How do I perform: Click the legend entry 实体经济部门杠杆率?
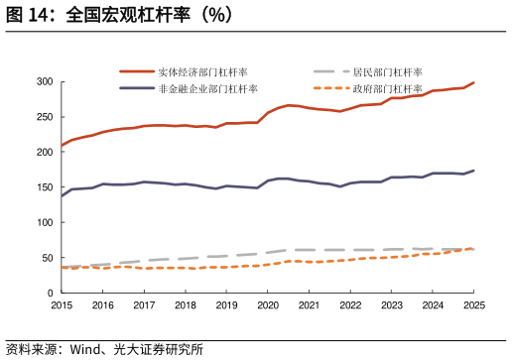[202, 72]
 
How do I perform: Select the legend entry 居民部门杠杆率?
[388, 72]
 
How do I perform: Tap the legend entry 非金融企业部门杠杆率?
[207, 89]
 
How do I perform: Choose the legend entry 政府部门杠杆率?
[388, 89]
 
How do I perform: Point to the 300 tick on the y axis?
[43, 81]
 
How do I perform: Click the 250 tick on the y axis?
[43, 117]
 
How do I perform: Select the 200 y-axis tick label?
[43, 152]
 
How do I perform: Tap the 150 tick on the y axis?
[43, 187]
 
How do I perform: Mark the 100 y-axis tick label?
[43, 222]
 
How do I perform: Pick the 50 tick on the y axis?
[46, 258]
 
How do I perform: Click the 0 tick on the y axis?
[49, 294]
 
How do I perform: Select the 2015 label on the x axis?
[62, 305]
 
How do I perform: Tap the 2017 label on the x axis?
[144, 305]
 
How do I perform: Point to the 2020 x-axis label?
[268, 305]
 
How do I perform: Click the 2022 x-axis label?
[350, 305]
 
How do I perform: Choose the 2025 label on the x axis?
[473, 305]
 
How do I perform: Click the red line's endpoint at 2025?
[473, 82]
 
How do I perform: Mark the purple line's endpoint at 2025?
[473, 171]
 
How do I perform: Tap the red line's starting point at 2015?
[62, 146]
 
